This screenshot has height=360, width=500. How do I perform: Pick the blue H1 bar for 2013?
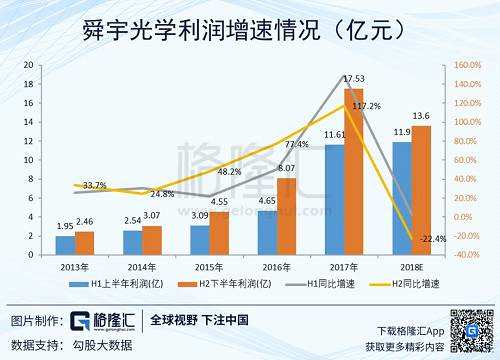click(x=65, y=244)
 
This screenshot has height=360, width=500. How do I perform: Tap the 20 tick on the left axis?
click(x=30, y=64)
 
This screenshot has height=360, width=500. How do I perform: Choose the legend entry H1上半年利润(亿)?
click(x=121, y=285)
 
